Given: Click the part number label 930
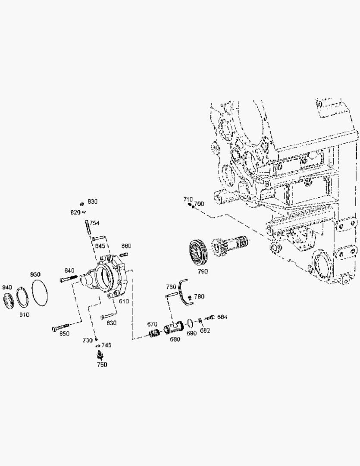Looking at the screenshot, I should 35,275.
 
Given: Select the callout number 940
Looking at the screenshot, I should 7,287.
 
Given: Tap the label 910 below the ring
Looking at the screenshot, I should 24,315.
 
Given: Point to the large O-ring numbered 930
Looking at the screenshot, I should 40,293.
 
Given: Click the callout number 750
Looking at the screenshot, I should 102,365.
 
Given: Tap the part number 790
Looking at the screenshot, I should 203,271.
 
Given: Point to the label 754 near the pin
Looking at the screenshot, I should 94,223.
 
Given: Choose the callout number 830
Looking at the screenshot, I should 92,202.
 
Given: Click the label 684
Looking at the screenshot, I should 222,317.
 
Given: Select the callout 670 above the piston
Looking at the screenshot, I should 152,324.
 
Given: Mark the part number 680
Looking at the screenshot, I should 175,339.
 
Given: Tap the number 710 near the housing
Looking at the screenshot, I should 188,199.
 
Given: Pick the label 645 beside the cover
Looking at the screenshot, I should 100,246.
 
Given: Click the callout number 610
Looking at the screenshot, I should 124,302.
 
